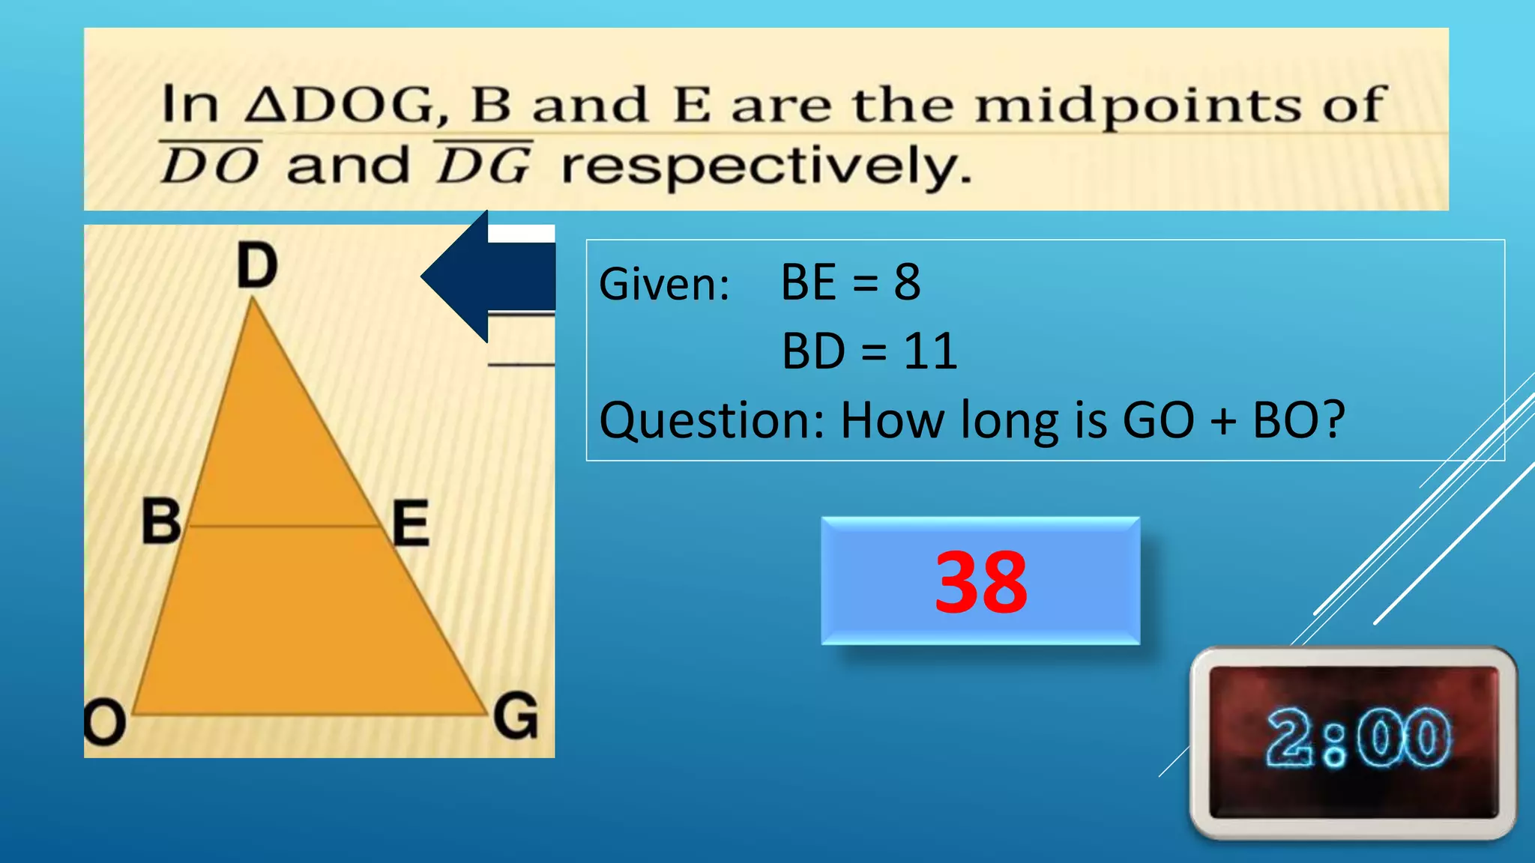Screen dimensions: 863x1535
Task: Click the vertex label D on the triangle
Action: [257, 266]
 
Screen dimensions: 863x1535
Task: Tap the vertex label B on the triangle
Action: [161, 521]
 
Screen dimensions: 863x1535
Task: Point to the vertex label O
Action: [103, 724]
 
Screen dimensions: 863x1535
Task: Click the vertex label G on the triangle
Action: [516, 716]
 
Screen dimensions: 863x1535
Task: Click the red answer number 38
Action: [980, 581]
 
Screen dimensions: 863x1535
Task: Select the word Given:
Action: [664, 285]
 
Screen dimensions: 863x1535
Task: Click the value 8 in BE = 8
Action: [907, 282]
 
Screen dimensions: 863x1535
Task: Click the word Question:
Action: [711, 420]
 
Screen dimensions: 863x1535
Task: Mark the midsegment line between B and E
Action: [285, 526]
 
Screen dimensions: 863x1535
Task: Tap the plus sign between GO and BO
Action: [1223, 420]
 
